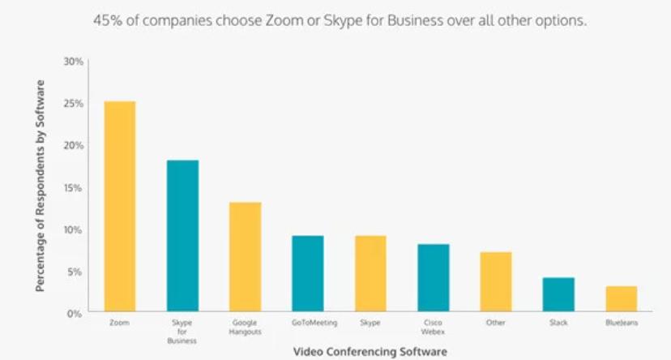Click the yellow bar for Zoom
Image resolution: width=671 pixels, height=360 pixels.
(120, 206)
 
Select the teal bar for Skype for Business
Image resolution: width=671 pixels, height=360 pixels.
(182, 236)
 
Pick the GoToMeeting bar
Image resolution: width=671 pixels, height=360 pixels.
(308, 273)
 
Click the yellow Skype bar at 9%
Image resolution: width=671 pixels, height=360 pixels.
(370, 273)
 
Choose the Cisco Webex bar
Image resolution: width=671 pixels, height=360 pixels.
(433, 277)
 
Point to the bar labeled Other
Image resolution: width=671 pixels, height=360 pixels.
(495, 281)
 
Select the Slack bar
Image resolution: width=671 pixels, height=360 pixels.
(558, 294)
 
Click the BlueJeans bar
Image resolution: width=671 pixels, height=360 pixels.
(621, 298)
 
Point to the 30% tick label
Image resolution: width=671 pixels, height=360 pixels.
(74, 62)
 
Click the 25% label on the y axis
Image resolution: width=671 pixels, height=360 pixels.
(74, 104)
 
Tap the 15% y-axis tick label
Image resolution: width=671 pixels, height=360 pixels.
(74, 187)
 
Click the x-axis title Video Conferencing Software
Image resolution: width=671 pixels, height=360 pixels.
(370, 352)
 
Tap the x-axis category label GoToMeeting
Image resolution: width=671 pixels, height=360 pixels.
(308, 324)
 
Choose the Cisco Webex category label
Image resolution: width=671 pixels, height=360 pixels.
(433, 328)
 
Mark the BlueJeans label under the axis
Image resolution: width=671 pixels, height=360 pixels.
(621, 324)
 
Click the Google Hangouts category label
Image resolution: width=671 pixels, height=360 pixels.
(245, 328)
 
